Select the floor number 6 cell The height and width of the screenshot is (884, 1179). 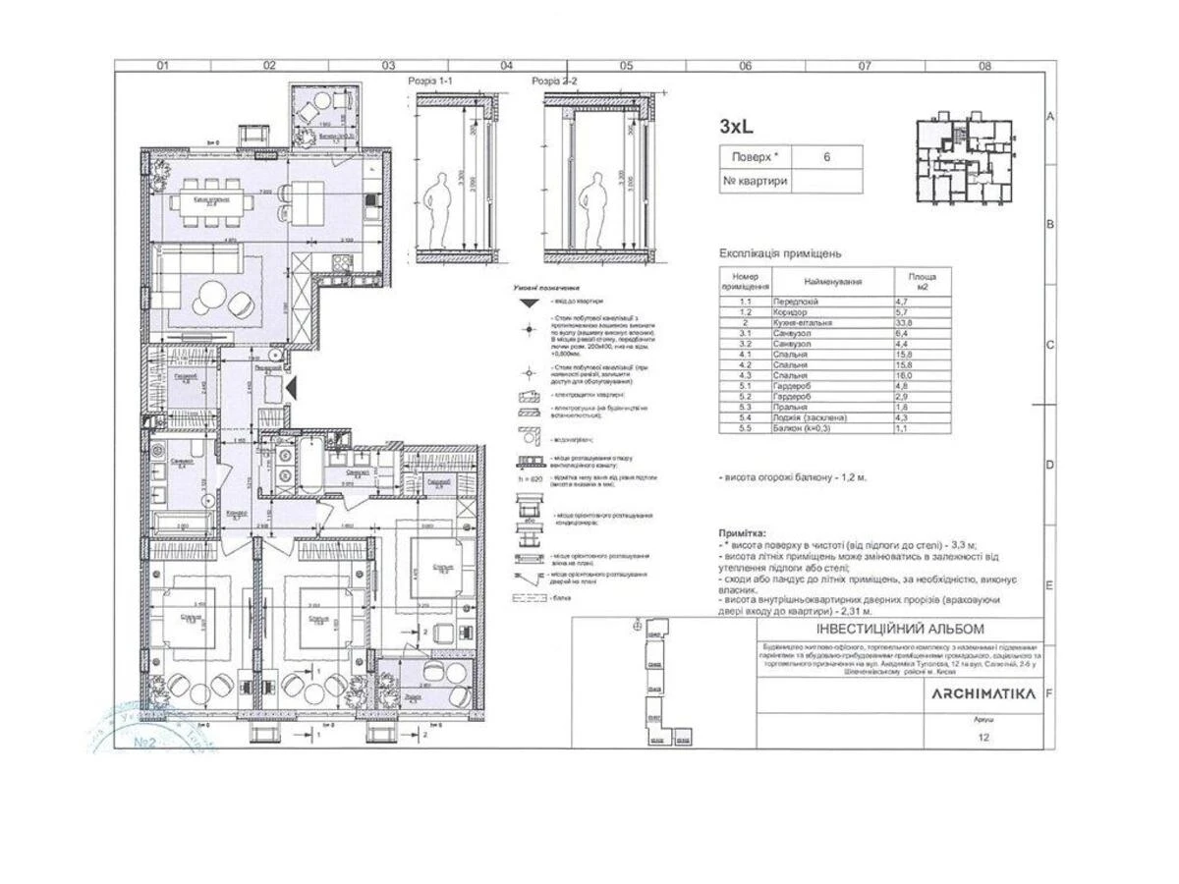[x=826, y=156]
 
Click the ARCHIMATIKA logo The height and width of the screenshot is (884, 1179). [x=983, y=693]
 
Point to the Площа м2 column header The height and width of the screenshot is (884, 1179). [x=922, y=282]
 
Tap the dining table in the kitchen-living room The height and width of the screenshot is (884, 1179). [x=210, y=206]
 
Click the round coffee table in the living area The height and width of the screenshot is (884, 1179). [x=211, y=294]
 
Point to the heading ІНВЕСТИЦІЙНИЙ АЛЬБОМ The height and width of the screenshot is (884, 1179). [x=899, y=629]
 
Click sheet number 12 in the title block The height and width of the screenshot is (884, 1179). [x=983, y=740]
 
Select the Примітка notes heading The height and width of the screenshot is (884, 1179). [x=748, y=530]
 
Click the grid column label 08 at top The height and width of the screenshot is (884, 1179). [x=985, y=66]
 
